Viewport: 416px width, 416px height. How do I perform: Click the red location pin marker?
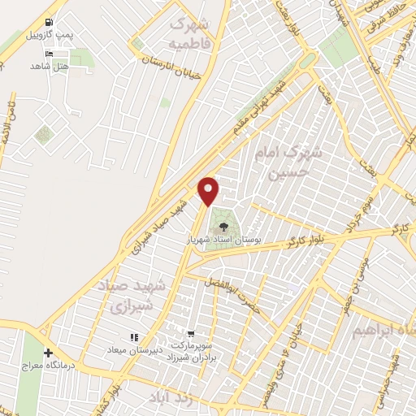click(210, 191)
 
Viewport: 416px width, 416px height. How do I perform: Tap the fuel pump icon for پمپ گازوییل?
click(51, 22)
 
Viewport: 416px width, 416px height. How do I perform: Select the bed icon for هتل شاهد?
click(51, 53)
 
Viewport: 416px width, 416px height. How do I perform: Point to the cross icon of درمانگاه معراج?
click(50, 353)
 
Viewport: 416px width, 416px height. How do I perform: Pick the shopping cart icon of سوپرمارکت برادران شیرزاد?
click(191, 334)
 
